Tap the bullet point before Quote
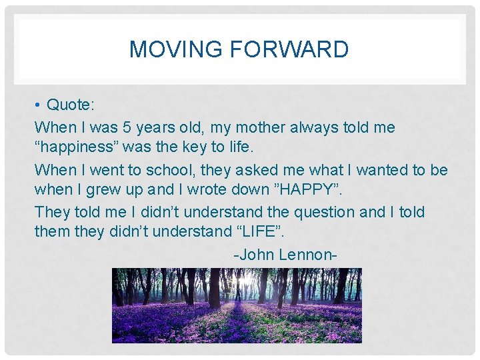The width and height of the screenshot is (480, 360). click(39, 106)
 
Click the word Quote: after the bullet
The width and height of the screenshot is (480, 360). click(71, 105)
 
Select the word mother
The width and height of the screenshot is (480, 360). click(229, 127)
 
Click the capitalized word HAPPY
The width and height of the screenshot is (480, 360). click(303, 191)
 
